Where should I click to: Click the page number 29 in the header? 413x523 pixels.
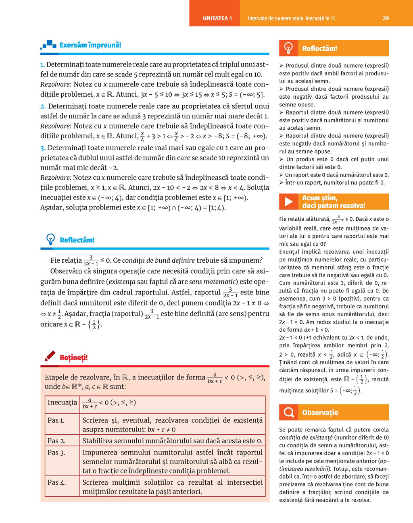pos(386,18)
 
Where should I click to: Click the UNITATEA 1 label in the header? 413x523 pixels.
pos(217,18)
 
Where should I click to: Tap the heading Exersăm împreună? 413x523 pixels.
pos(90,45)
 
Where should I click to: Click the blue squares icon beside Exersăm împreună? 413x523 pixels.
pos(48,45)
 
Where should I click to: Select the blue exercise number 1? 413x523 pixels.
pos(42,64)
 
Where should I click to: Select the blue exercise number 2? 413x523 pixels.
pos(43,106)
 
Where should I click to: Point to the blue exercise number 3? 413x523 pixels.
pos(43,148)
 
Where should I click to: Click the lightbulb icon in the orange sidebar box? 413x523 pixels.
pos(289,48)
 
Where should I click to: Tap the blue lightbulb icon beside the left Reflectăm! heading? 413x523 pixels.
pos(51,239)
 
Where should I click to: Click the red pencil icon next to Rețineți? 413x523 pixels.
pos(50,356)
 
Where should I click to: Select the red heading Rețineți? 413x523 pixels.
pos(73,357)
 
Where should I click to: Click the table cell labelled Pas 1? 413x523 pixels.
pos(56,420)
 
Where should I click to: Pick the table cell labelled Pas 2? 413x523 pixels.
pos(56,440)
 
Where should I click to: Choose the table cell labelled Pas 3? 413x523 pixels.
pos(56,452)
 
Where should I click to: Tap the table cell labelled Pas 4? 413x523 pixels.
pos(56,482)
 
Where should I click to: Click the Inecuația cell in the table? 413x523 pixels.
pos(62,403)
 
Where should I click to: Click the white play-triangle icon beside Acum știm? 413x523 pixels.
pos(289,201)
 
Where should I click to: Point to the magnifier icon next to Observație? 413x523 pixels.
pos(289,412)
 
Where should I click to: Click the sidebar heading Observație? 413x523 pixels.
pos(320,413)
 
